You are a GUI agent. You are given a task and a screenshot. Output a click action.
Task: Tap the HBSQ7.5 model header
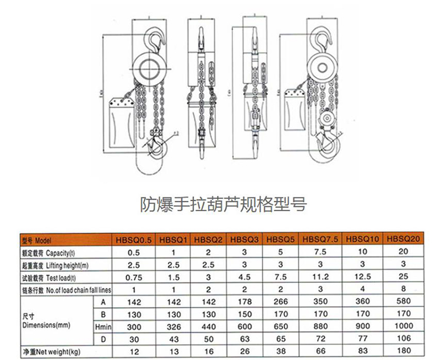[320, 240]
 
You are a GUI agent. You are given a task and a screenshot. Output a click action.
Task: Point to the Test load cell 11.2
[320, 277]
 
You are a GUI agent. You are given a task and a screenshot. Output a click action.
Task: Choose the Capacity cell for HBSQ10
[362, 253]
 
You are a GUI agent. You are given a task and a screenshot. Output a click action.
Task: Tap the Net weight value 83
[362, 351]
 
